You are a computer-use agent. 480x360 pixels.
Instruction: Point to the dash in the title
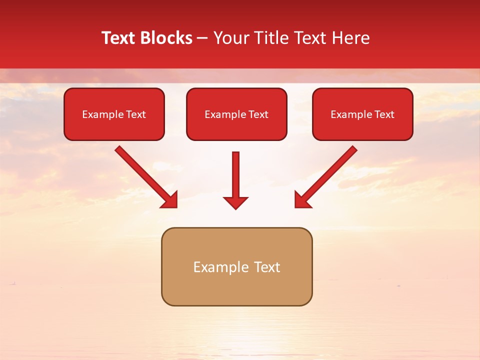pyautogui.click(x=202, y=38)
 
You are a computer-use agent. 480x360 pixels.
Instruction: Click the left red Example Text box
pyautogui.click(x=114, y=114)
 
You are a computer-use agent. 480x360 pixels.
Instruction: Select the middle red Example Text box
pyautogui.click(x=236, y=114)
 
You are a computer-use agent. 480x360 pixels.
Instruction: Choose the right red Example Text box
pyautogui.click(x=362, y=114)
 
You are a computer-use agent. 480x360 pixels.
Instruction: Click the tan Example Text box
pyautogui.click(x=236, y=266)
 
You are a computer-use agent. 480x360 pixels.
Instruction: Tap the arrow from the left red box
pyautogui.click(x=145, y=176)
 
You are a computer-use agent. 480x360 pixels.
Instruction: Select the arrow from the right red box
pyautogui.click(x=327, y=176)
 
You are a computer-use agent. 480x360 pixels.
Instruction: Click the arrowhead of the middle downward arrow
pyautogui.click(x=236, y=202)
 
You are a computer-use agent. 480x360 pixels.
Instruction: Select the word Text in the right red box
pyautogui.click(x=384, y=114)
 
